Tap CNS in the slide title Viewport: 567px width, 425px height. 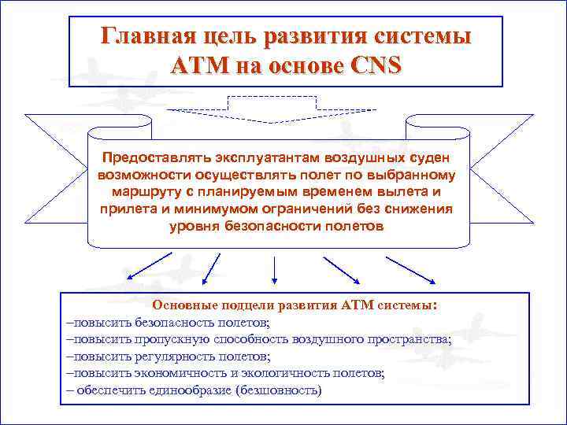tap(372, 65)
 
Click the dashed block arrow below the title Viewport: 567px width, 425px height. tap(272, 109)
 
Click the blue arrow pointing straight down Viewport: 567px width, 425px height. tap(273, 270)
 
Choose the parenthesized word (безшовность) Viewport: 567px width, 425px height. tap(280, 390)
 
